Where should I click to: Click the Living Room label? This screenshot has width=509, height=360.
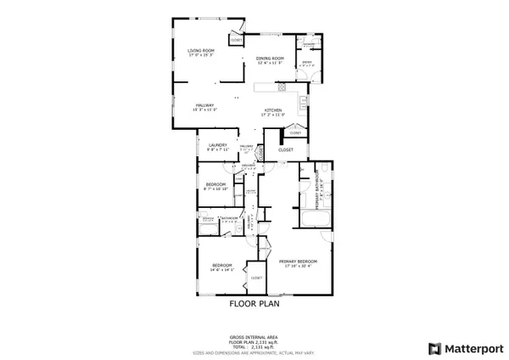click(200, 51)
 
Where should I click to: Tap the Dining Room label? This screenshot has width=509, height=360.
click(270, 57)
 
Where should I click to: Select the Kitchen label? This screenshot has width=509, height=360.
click(273, 110)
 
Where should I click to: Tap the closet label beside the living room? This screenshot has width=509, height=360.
click(236, 38)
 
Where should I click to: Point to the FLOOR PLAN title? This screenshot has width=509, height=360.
click(254, 301)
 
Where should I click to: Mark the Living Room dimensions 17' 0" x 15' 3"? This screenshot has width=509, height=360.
click(200, 55)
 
